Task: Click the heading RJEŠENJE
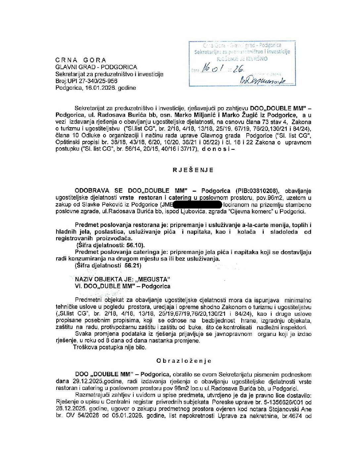pyautogui.click(x=193, y=170)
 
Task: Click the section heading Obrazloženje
pyautogui.click(x=184, y=361)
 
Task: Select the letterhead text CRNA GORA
pyautogui.click(x=81, y=60)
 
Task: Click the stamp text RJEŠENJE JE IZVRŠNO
pyautogui.click(x=242, y=59)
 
